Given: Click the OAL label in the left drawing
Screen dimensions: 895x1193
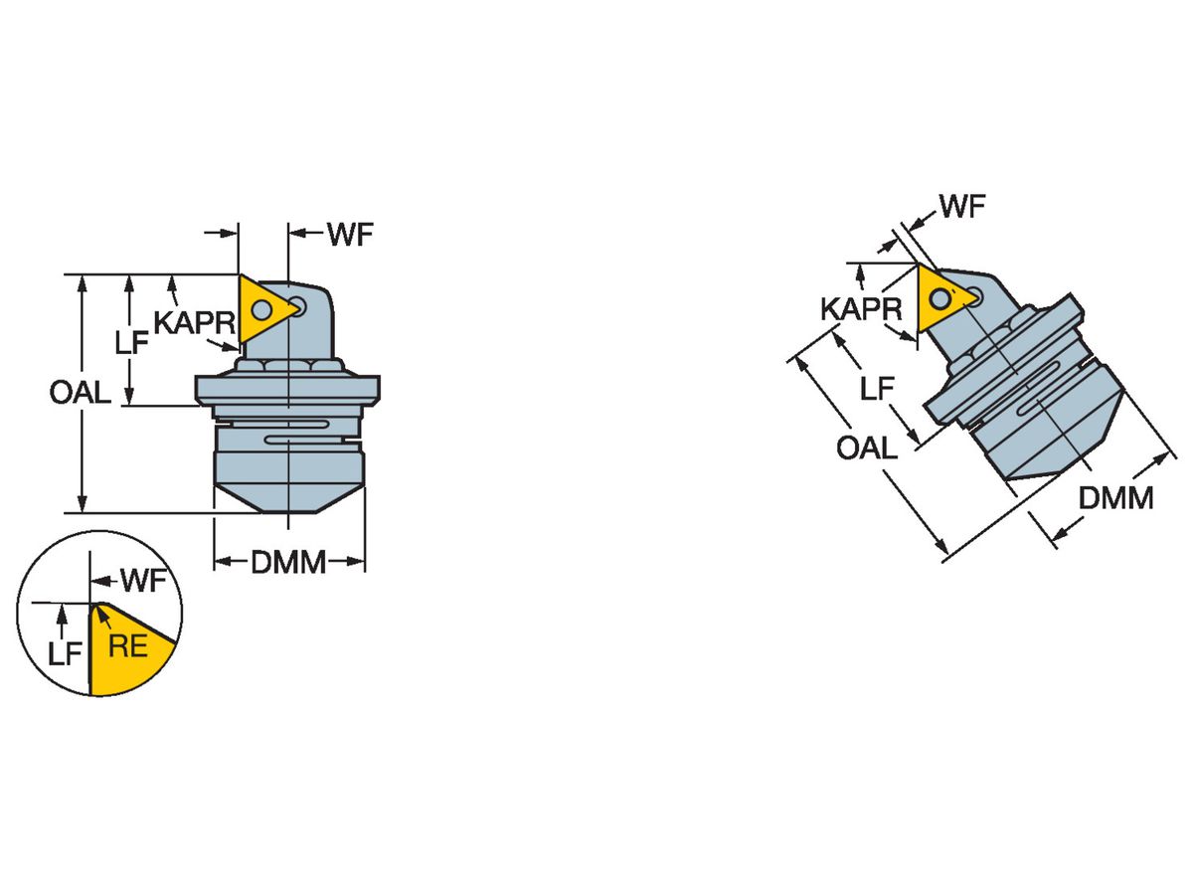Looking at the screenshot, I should (81, 392).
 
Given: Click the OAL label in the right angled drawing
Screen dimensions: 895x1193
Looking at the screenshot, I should (866, 447).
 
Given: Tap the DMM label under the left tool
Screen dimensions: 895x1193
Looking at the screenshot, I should (288, 563).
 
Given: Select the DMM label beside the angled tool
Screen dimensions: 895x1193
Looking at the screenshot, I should (1115, 497).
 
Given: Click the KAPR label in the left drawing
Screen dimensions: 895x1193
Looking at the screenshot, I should (195, 322).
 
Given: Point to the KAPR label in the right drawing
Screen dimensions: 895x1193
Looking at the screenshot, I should (861, 309).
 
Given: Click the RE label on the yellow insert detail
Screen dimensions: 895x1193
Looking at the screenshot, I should (127, 647).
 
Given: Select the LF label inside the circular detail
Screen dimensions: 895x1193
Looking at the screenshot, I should (65, 652).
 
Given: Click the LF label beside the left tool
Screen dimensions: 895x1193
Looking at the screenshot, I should (131, 344).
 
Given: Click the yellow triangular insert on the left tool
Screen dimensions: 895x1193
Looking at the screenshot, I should (263, 308).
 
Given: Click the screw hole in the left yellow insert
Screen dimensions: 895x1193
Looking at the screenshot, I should (261, 310).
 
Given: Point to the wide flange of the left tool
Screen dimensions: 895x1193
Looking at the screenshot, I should (287, 388).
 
